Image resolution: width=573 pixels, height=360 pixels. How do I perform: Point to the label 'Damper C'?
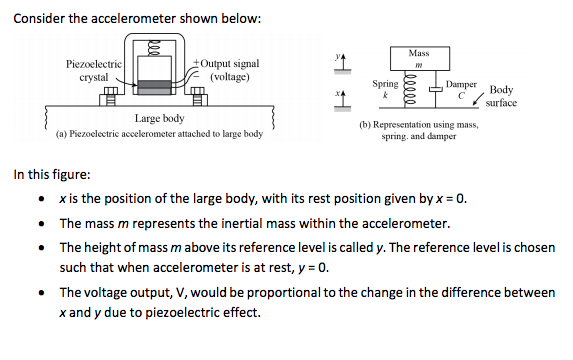(x=461, y=90)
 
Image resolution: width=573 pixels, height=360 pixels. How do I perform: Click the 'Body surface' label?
(x=501, y=96)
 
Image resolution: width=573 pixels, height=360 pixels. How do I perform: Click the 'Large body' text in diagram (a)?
(x=159, y=119)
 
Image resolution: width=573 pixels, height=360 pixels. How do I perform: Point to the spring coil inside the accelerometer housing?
(x=154, y=50)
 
